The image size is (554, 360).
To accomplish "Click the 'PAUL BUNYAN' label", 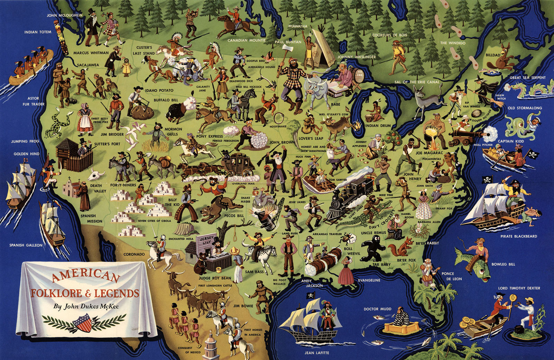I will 288,42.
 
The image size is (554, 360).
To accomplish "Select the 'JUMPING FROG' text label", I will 25,141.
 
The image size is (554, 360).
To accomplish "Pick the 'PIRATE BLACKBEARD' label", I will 518,236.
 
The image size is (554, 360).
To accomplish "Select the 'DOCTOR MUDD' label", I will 377,309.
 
